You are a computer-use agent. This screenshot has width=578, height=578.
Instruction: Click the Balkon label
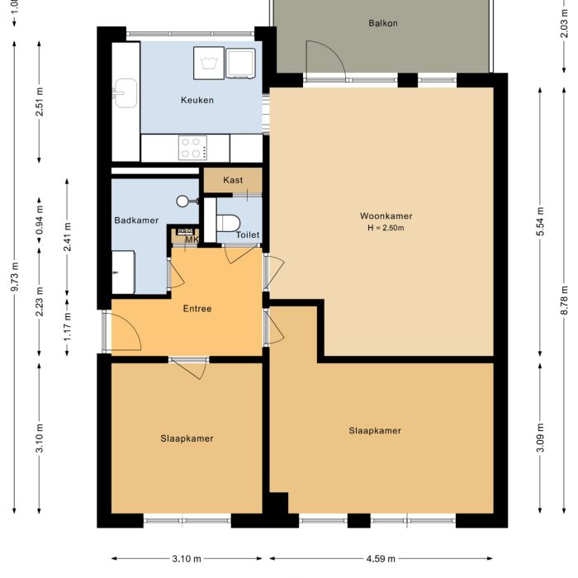tap(382, 23)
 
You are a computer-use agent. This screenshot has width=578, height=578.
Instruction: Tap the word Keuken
tap(197, 101)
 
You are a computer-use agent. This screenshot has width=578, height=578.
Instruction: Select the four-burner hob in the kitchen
tap(192, 148)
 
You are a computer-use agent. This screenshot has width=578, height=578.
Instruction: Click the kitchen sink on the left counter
tap(126, 92)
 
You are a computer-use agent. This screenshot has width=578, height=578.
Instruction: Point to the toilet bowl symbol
tap(228, 222)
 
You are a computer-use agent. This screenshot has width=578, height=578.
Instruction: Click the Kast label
tap(233, 180)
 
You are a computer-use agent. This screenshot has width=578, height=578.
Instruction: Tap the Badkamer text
tap(135, 220)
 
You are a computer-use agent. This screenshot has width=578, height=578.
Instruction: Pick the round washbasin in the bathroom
tap(184, 201)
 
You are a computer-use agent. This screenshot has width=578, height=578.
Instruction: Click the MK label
tap(191, 240)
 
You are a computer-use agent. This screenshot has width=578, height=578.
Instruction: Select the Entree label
tap(197, 309)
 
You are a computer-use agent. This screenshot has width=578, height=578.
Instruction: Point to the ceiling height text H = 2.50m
tap(386, 228)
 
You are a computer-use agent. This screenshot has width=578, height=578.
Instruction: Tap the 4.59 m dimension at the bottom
tap(382, 559)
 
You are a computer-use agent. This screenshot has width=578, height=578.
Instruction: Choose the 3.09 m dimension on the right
tap(541, 435)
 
